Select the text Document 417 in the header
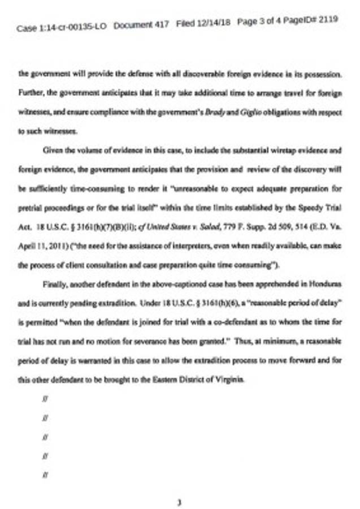141,25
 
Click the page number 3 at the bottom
179,501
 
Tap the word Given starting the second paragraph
53,151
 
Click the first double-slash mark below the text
45,399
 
